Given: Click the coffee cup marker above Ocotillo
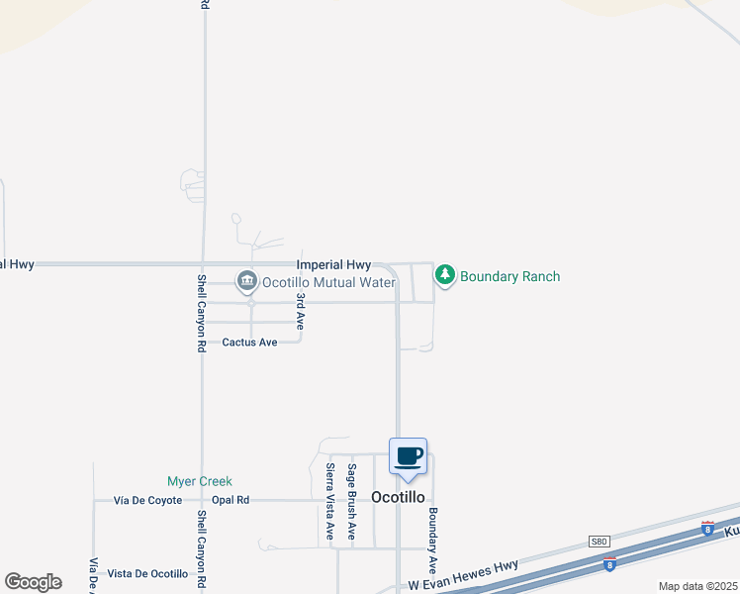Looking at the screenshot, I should (408, 457).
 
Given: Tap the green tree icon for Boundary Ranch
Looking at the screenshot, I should (445, 275).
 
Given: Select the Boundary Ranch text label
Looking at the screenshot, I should (510, 276).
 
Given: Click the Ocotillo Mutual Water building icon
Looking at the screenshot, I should (246, 282).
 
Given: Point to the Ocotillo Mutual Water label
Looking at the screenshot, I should (328, 283).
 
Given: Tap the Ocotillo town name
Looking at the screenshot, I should (398, 497).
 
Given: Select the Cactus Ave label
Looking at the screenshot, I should (249, 343).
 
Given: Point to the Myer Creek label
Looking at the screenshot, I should (199, 481).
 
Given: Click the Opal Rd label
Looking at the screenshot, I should (230, 500).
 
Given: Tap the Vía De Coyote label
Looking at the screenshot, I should (148, 500).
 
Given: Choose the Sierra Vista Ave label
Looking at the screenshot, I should (330, 504).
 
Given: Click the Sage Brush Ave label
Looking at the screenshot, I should (351, 501).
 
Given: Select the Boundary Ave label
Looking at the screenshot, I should (432, 541).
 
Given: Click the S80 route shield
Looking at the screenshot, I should (599, 541).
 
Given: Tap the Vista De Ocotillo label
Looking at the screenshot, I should (147, 574).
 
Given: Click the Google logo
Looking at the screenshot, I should (33, 582).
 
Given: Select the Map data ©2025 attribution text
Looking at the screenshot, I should (697, 586).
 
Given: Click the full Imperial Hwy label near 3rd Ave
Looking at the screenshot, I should (333, 265).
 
